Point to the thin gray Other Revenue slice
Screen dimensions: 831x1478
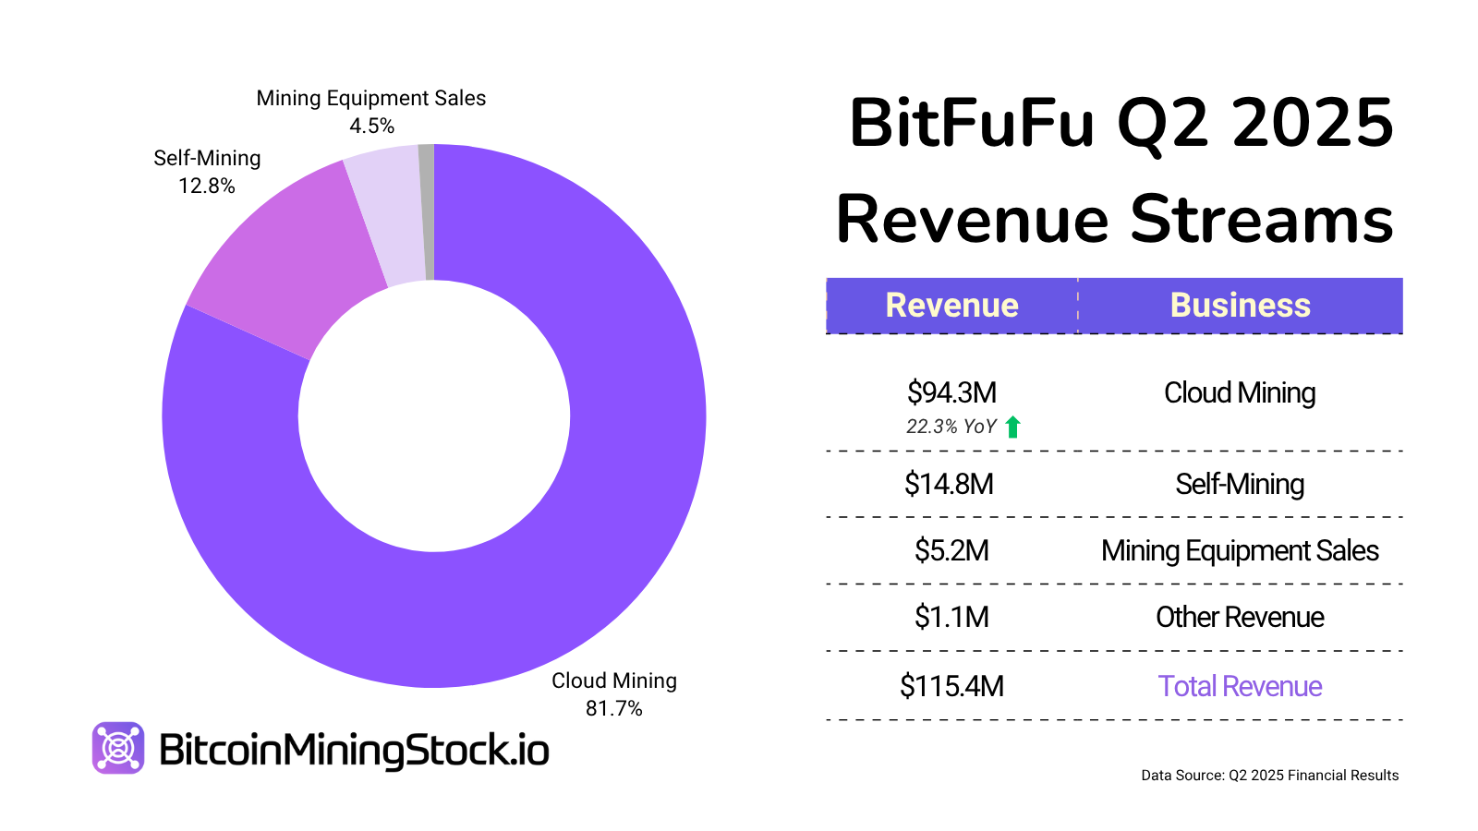427,212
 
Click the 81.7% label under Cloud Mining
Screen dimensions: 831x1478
613,708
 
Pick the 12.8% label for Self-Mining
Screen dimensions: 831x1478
207,186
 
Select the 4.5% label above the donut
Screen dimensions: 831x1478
371,126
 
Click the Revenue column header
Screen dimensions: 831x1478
951,306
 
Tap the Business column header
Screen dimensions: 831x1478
1240,306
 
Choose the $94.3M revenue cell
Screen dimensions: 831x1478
951,392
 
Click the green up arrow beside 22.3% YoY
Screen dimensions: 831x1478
1012,427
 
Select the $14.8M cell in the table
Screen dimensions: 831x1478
949,484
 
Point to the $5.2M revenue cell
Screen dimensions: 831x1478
951,550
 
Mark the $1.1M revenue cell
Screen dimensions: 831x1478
951,617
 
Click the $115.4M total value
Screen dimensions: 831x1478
951,686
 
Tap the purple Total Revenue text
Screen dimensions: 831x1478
1240,686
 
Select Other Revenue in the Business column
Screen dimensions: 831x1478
1240,617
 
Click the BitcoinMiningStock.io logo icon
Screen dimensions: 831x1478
118,747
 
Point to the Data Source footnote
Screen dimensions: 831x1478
1269,776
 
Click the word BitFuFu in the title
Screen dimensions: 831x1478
971,123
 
